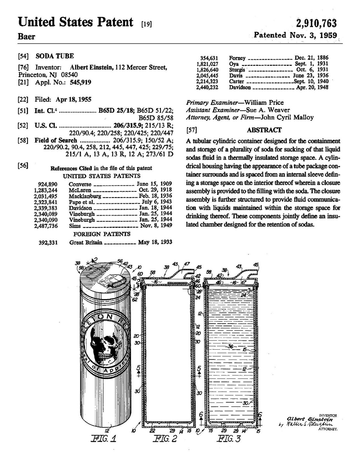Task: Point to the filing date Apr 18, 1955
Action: [x=76, y=99]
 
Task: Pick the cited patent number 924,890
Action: [x=47, y=184]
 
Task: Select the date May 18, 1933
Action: [x=155, y=242]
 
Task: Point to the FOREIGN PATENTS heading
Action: [x=102, y=234]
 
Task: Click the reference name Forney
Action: [x=237, y=58]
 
